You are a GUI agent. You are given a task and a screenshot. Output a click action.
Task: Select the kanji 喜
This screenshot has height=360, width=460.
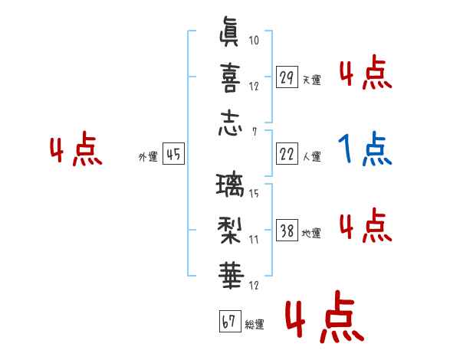point(229,77)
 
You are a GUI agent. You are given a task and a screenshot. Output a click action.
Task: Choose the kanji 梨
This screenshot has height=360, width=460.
point(229,230)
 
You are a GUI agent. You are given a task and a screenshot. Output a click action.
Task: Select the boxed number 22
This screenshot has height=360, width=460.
point(286,155)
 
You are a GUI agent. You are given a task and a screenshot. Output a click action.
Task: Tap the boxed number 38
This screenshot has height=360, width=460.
point(286,231)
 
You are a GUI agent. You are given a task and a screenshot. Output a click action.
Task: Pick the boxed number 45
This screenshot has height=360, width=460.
point(173,155)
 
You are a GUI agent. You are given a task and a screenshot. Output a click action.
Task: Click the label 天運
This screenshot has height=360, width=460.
point(311,80)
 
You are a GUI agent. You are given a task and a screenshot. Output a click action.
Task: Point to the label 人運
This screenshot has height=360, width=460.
point(311,157)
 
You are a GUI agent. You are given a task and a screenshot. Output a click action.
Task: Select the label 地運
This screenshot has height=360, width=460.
point(311,234)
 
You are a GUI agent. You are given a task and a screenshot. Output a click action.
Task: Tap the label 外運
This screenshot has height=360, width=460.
point(147,157)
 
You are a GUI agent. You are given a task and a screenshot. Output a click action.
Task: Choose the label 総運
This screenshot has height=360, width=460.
point(255,324)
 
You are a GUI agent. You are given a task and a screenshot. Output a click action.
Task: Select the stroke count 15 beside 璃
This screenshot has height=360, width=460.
point(254,194)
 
